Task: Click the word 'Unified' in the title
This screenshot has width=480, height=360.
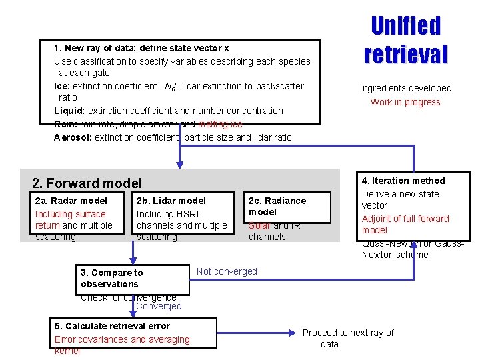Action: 405,26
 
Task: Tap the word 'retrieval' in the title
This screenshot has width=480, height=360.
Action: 405,53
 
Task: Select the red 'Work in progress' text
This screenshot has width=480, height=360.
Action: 405,102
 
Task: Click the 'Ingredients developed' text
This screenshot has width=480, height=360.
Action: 405,88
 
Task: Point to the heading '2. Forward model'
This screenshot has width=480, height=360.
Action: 87,183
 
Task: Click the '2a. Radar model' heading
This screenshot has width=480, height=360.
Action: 71,201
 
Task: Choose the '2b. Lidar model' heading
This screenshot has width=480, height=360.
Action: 171,201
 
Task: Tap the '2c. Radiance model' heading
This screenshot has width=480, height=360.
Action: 277,206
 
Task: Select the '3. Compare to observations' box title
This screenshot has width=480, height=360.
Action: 111,278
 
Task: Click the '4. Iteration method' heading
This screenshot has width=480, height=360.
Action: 403,181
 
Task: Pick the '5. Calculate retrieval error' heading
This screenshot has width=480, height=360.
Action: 112,326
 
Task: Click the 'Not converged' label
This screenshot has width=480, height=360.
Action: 227,271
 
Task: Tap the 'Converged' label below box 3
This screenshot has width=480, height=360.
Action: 159,306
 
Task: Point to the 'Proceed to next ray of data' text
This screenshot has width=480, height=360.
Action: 348,338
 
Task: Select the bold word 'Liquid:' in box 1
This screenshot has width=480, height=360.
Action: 69,111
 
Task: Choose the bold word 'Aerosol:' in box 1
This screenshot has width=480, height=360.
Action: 73,137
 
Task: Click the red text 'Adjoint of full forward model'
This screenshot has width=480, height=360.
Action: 405,224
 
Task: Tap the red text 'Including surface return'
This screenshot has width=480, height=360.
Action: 70,219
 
